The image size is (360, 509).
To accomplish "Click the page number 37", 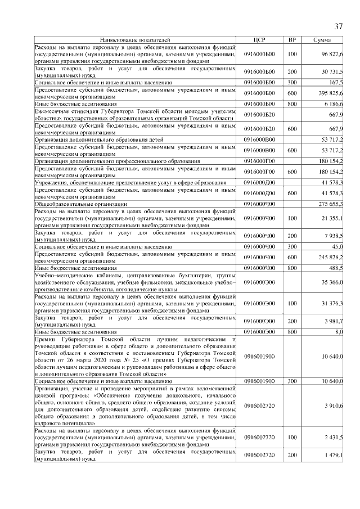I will point(339,26).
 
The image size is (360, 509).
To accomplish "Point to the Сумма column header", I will point(322,40).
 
